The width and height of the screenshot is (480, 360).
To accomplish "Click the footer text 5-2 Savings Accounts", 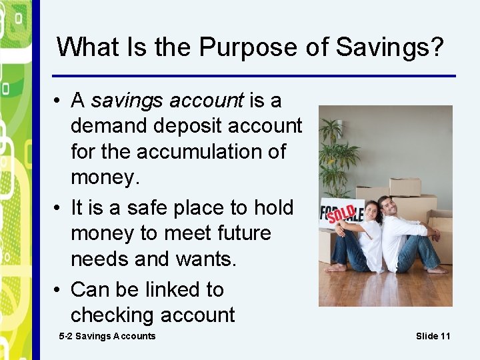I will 107,336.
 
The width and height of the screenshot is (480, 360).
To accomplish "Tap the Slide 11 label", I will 433,336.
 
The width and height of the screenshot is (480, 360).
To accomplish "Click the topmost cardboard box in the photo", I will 405,186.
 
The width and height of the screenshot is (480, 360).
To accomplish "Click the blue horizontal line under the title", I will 253,75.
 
